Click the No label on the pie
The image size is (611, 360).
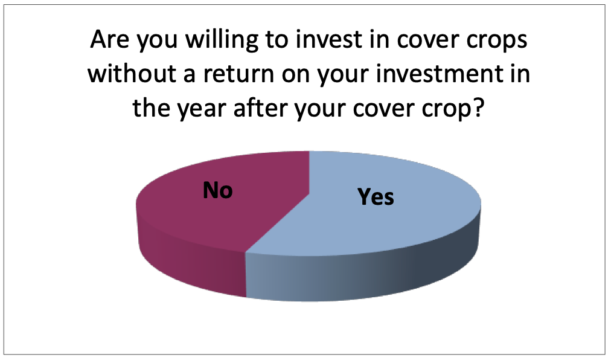pos(217,190)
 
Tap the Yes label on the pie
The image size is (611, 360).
pos(376,196)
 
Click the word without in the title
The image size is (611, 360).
pos(132,73)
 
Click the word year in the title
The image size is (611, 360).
pos(202,110)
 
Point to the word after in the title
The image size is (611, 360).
pos(260,108)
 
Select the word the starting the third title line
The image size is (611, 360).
pos(151,108)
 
